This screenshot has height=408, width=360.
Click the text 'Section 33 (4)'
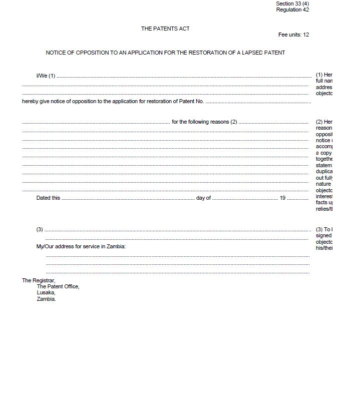click(292, 4)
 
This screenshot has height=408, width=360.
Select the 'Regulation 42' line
click(292, 10)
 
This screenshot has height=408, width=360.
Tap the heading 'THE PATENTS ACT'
click(165, 29)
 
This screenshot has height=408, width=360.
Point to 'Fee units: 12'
click(293, 35)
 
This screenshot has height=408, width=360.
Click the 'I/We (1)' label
click(46, 76)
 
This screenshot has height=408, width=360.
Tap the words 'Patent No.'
click(191, 102)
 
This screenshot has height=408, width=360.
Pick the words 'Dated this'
click(48, 198)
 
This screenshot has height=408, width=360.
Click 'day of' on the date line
click(203, 198)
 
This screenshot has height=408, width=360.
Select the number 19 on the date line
click(282, 198)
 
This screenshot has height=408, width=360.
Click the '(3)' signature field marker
click(40, 229)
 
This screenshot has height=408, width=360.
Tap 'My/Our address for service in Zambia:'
click(81, 246)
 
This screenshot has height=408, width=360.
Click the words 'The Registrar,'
click(39, 280)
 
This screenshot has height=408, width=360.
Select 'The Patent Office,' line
click(58, 286)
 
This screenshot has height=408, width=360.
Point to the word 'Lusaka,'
click(46, 292)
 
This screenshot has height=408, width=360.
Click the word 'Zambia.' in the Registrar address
click(46, 299)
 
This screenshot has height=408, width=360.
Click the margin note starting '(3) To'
click(324, 229)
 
